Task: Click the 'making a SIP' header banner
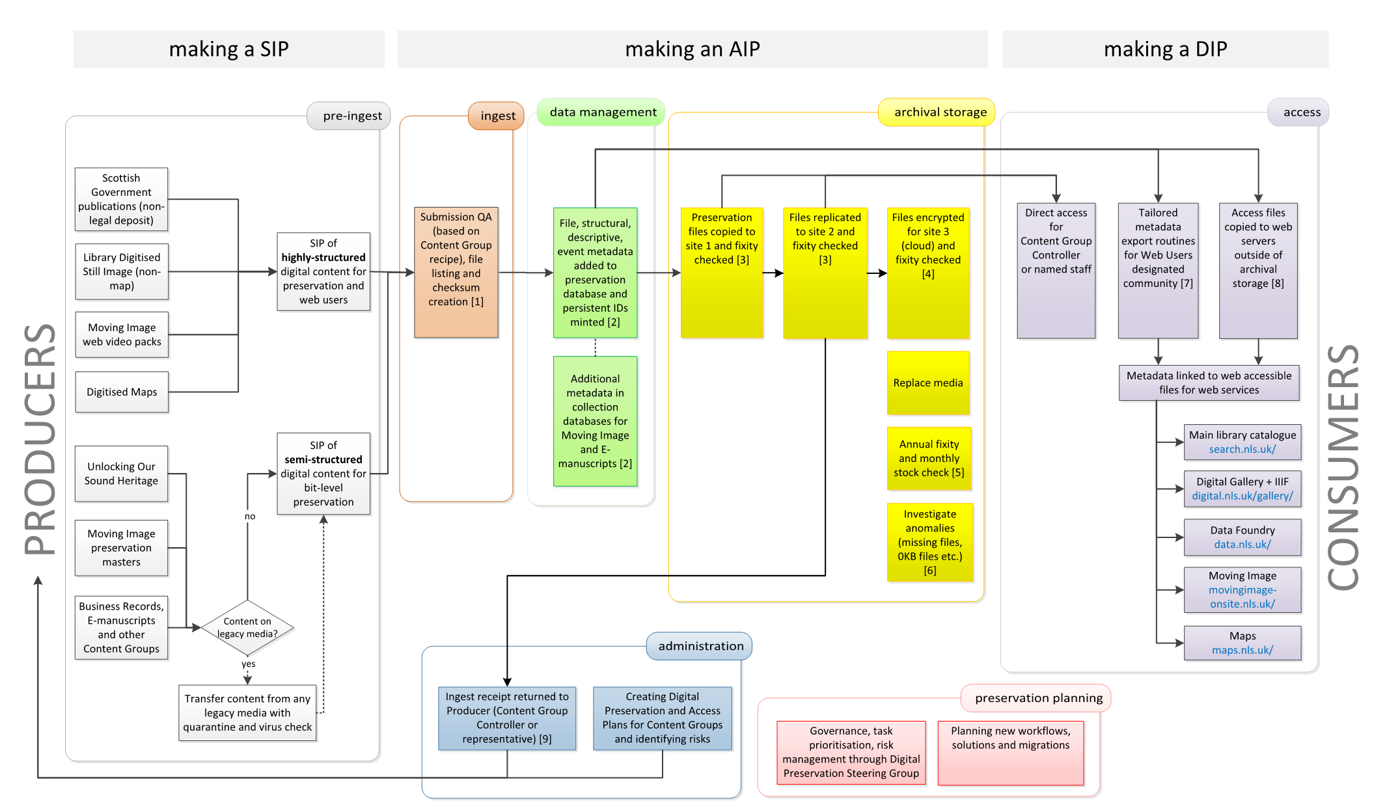tap(228, 49)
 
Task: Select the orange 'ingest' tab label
tap(497, 116)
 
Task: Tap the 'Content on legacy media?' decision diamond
tap(247, 628)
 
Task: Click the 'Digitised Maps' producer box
tap(122, 392)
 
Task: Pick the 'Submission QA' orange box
tap(456, 272)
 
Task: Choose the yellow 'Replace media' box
tap(927, 383)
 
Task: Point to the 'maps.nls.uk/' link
tap(1242, 650)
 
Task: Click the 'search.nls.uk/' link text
tap(1242, 449)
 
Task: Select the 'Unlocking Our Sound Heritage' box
tap(121, 474)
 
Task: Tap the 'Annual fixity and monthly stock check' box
tap(929, 458)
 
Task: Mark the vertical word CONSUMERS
tap(1342, 466)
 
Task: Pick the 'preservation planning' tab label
tap(1038, 698)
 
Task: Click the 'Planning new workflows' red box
tap(1010, 752)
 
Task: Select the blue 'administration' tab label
tap(700, 646)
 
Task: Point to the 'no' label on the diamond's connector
tap(250, 517)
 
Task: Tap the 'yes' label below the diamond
tap(248, 664)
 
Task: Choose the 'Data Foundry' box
tap(1242, 537)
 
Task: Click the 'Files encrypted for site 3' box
tap(927, 273)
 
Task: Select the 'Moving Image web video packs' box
tap(122, 334)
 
